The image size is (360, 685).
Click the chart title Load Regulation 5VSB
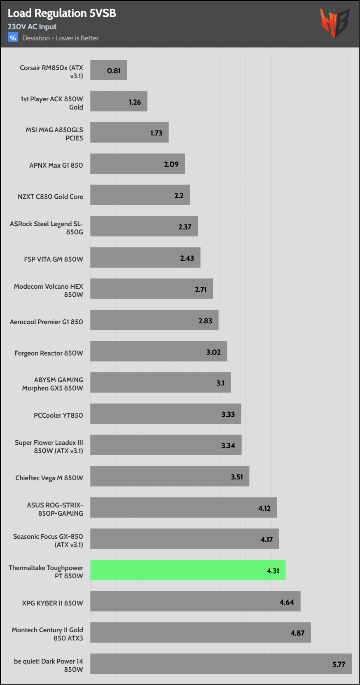[62, 13]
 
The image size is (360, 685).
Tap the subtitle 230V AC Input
[32, 27]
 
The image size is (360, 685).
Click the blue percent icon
[13, 38]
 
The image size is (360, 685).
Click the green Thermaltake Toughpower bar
[188, 570]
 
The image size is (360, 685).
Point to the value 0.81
[114, 71]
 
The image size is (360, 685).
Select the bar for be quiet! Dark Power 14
[221, 664]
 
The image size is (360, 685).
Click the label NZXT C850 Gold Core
[50, 196]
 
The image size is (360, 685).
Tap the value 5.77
[339, 664]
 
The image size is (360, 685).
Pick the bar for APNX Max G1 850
[138, 164]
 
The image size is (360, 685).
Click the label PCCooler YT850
[58, 415]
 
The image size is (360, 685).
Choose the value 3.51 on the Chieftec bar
[237, 477]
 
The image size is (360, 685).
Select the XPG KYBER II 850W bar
[195, 601]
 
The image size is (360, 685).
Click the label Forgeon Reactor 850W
[49, 353]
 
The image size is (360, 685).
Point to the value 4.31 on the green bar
[273, 571]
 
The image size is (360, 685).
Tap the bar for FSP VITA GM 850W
[145, 257]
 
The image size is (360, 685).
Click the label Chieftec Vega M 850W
[49, 478]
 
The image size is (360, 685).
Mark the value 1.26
[135, 102]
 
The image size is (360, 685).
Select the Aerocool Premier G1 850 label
[46, 322]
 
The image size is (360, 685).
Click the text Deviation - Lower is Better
[60, 38]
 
